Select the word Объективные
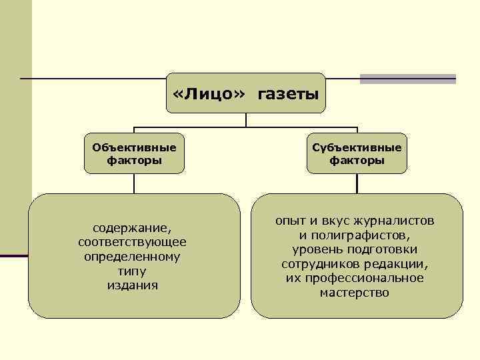tap(134, 147)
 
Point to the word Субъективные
tap(357, 147)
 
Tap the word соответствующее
tap(132, 241)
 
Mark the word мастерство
tap(355, 293)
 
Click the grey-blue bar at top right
tap(407, 79)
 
